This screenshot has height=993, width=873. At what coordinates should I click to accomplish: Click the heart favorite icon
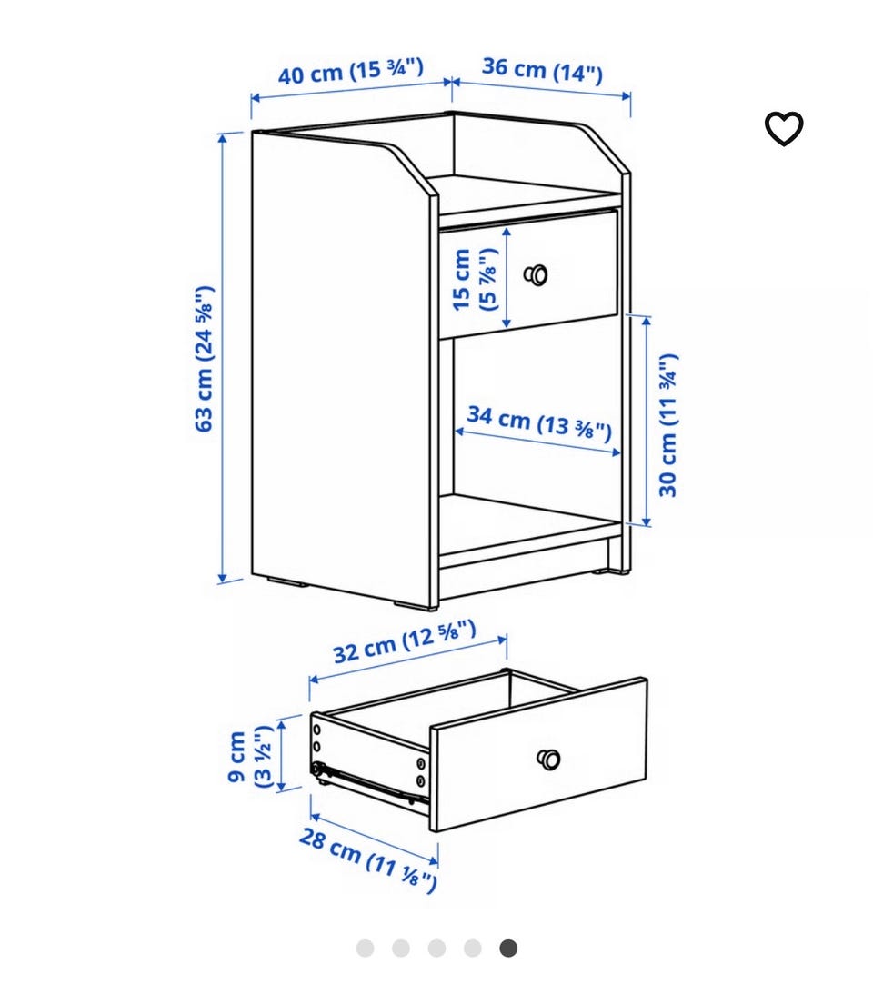click(x=784, y=129)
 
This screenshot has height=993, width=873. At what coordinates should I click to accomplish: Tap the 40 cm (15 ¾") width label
click(x=351, y=71)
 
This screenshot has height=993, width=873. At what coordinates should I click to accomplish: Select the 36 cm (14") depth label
click(x=542, y=69)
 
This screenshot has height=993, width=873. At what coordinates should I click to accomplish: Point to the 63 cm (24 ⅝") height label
click(x=204, y=359)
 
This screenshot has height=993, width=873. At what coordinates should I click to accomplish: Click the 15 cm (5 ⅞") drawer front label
click(x=475, y=279)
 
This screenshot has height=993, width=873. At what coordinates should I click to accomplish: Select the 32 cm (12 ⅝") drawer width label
click(x=405, y=641)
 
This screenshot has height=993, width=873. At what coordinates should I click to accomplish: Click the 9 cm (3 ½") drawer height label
click(x=250, y=757)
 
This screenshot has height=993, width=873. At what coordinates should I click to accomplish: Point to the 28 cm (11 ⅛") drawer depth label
click(x=368, y=859)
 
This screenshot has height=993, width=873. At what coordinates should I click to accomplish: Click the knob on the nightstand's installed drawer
click(x=536, y=275)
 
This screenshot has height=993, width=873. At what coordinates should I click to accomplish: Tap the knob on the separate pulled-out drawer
click(x=548, y=760)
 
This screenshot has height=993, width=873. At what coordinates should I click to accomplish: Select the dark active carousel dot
click(x=507, y=948)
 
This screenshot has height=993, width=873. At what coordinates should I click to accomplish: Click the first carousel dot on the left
click(x=366, y=948)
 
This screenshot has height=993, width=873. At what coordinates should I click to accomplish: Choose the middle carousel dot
click(x=436, y=948)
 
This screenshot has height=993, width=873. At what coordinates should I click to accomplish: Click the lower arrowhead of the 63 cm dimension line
click(x=223, y=578)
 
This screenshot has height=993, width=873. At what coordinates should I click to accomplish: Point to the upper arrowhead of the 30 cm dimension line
click(x=646, y=322)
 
